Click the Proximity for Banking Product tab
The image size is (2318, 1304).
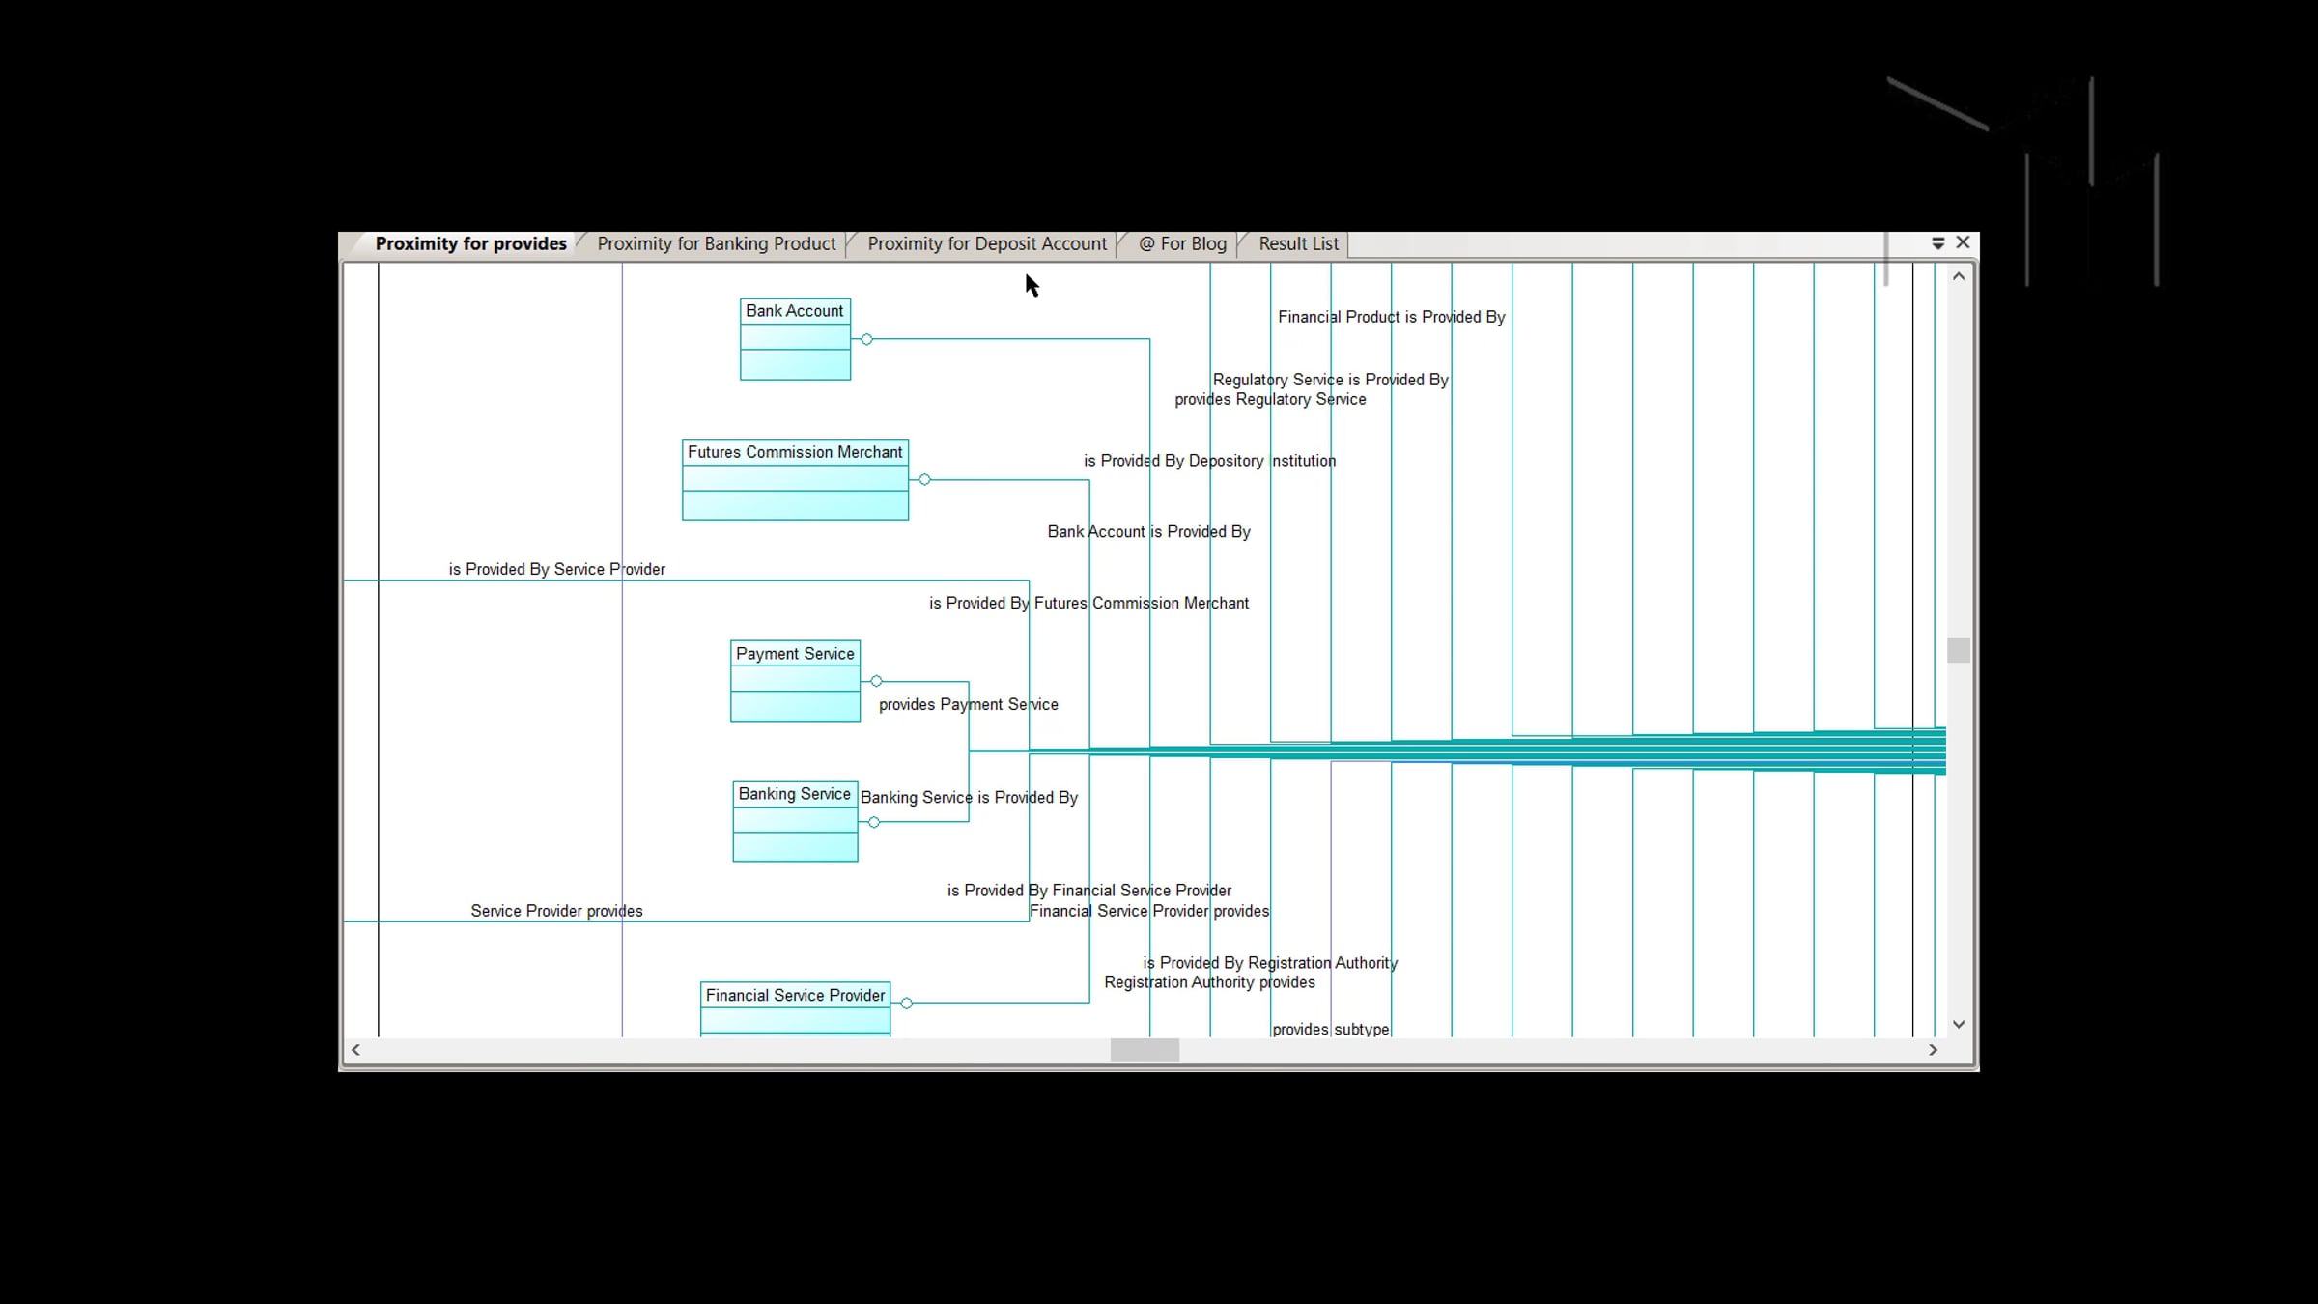(x=716, y=244)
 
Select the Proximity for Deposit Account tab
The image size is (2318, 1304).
(x=986, y=244)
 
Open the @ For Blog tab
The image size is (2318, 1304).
(x=1182, y=244)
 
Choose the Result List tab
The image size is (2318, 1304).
(x=1298, y=244)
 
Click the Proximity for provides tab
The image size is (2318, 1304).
(x=470, y=244)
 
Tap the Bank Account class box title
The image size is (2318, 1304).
(x=795, y=311)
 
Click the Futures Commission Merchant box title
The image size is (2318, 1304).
(x=795, y=452)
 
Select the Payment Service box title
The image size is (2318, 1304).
(x=795, y=654)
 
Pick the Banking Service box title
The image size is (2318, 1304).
(x=795, y=794)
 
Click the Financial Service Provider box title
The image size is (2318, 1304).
(x=795, y=995)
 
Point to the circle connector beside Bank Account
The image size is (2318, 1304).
(x=867, y=339)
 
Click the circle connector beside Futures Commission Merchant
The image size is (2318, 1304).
(x=925, y=479)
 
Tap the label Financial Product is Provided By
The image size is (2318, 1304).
(x=1392, y=317)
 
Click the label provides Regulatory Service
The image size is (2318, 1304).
(x=1270, y=399)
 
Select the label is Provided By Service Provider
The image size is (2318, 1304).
(x=557, y=569)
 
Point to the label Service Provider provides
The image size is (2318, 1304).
(x=557, y=911)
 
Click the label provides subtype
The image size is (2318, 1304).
(x=1331, y=1029)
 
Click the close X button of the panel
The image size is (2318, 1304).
(x=1963, y=242)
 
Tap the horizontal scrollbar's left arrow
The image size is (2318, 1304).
(x=355, y=1050)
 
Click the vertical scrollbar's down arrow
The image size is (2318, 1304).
(x=1959, y=1024)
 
